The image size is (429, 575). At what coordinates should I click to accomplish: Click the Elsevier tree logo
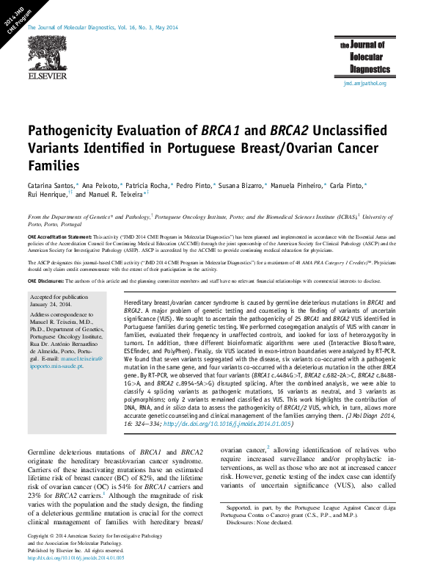(47, 53)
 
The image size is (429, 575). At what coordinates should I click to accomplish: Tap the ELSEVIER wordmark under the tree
(47, 76)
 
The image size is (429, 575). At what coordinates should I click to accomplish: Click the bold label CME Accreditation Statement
(59, 237)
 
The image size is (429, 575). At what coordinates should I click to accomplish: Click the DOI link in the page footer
(76, 558)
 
